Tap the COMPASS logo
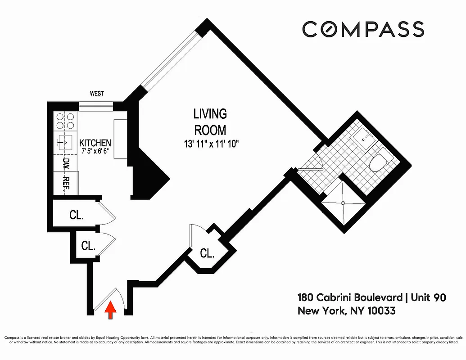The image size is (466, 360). coord(363,29)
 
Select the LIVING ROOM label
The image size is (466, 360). coord(210,121)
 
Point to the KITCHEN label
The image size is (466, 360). coord(95,143)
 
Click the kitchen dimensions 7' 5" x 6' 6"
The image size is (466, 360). coord(95,151)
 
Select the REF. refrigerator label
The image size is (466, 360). coord(66,184)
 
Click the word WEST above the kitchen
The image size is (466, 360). coord(97,94)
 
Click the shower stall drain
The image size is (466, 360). coord(343,203)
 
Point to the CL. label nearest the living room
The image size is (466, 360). coord(207,253)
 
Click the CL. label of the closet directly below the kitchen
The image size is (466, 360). coord(77,215)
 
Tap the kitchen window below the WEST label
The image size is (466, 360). coord(96,106)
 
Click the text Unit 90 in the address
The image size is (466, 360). coord(428,297)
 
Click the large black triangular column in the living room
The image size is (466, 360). coord(149,173)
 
